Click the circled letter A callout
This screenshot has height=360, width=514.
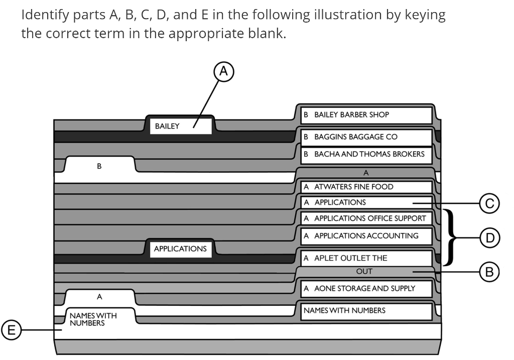click(224, 71)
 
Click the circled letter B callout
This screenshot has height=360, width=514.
click(489, 272)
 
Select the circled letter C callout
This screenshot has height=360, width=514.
click(489, 203)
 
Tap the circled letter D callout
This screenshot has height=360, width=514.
click(489, 237)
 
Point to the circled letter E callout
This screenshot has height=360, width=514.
click(10, 330)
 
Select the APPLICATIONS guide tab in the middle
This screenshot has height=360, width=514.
click(180, 249)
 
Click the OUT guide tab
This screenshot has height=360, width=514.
click(364, 272)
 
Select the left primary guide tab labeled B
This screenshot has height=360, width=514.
click(99, 165)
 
